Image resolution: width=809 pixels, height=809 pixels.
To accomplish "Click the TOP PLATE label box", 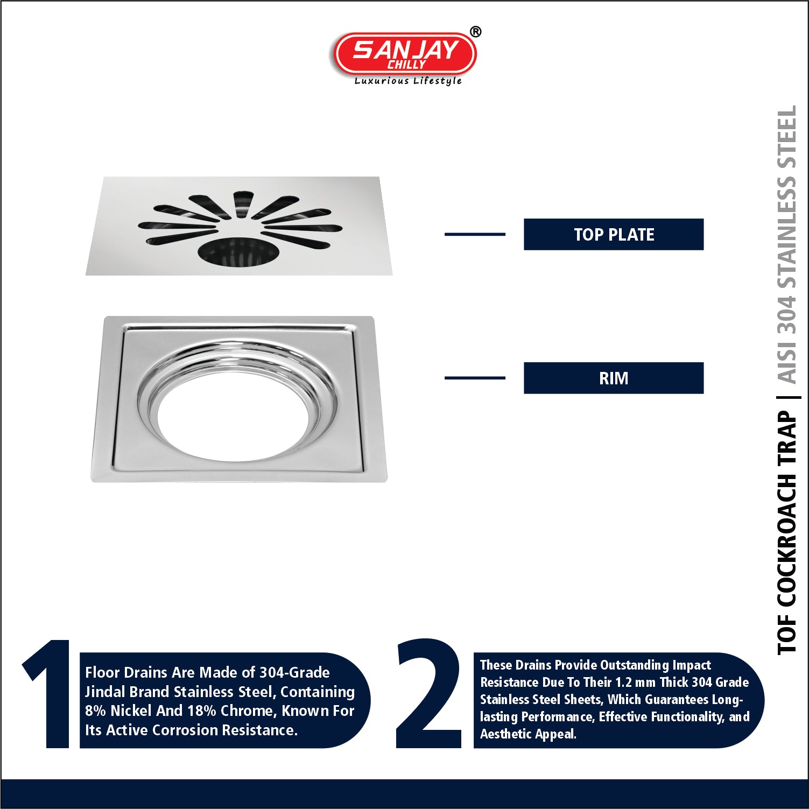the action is tap(614, 234).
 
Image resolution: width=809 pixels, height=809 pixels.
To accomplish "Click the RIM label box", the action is tap(614, 378).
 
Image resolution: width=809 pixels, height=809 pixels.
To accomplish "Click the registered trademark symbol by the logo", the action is tap(475, 32).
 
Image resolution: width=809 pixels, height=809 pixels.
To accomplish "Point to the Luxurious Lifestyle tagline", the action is tap(408, 81).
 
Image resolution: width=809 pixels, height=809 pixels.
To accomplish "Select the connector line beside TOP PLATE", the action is tap(475, 234).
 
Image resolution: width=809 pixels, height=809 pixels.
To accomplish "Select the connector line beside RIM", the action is tap(475, 378).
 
